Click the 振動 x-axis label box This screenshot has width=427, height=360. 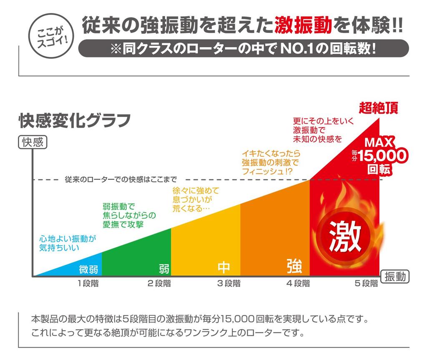click(395, 277)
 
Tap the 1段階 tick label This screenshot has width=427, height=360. click(88, 284)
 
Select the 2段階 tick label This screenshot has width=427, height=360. click(159, 284)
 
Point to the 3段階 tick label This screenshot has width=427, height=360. click(229, 284)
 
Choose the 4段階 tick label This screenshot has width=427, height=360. click(298, 284)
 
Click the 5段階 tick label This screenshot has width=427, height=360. click(367, 284)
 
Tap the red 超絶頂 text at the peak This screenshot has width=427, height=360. click(379, 108)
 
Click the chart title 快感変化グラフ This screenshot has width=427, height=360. click(75, 121)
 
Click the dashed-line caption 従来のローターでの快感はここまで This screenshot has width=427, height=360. click(121, 179)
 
